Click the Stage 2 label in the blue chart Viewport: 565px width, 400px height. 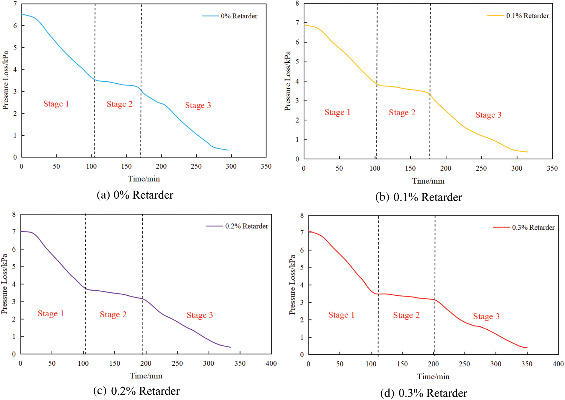120,104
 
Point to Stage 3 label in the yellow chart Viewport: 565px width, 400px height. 489,115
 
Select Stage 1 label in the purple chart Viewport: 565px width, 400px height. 51,313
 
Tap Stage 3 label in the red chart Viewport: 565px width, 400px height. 486,316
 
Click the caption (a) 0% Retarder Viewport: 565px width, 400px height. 135,195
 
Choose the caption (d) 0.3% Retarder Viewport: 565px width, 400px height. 424,393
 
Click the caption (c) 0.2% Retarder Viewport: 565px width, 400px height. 136,391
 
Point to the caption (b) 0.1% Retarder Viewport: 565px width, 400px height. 419,197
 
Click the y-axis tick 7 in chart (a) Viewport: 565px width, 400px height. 15,4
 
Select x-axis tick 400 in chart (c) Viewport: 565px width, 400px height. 271,363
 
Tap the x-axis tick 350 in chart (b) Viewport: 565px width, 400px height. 552,168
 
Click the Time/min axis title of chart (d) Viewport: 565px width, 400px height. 433,377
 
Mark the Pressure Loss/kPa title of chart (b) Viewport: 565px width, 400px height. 288,81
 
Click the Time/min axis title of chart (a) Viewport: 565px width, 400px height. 144,179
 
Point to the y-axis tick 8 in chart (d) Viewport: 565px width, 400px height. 302,215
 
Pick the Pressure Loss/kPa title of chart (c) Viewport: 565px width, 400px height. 4,284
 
